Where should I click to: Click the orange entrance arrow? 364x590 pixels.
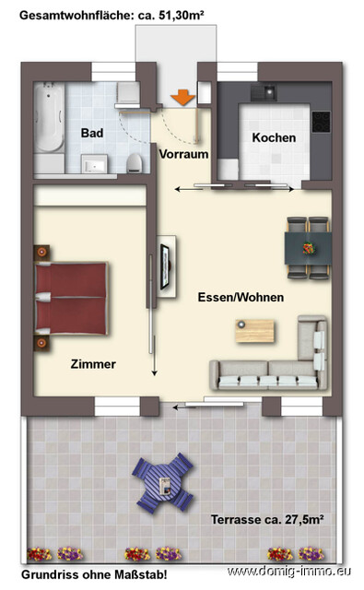[183, 96]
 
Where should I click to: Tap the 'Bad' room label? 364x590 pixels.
[91, 133]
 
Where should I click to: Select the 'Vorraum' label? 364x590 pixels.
[183, 154]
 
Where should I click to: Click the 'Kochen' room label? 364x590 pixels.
[274, 137]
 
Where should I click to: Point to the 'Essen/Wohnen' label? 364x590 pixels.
[240, 298]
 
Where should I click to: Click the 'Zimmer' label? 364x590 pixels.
[93, 364]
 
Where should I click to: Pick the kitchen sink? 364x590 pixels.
[268, 92]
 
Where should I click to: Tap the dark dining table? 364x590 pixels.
[307, 247]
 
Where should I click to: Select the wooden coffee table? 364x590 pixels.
[254, 329]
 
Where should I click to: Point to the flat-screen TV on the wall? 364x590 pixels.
[167, 265]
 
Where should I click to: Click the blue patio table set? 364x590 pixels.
[164, 481]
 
